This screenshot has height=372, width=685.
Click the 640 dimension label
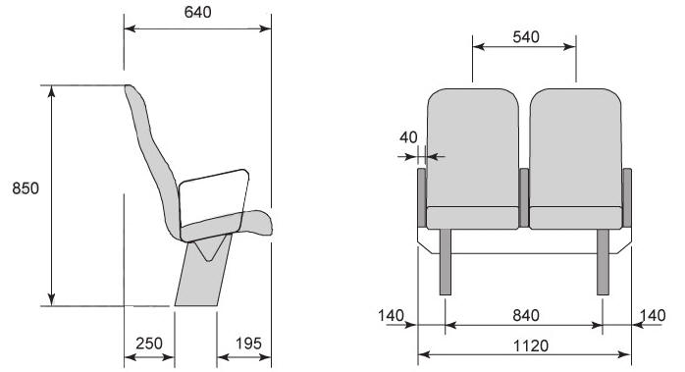(x=197, y=12)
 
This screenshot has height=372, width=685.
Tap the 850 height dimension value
(x=26, y=188)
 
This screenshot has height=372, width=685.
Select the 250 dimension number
(x=149, y=344)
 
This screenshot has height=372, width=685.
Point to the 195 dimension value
(x=248, y=344)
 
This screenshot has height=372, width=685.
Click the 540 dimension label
(x=526, y=37)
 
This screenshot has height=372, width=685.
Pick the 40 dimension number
(x=408, y=137)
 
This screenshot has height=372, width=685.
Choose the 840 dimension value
(x=526, y=315)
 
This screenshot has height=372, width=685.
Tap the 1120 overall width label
(x=530, y=345)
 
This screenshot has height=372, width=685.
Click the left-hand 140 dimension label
(x=391, y=315)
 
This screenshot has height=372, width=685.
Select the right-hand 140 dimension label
(x=653, y=315)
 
